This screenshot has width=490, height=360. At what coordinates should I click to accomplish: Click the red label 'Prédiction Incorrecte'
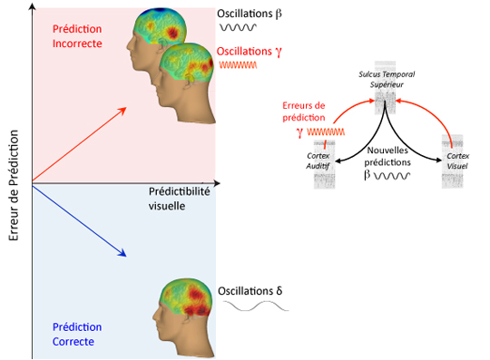point(77,36)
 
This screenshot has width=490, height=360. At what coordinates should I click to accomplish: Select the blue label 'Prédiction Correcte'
point(77,334)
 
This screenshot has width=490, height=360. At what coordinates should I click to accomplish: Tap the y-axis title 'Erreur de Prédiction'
point(14,186)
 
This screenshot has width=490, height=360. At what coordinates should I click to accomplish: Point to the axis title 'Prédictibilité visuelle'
point(179,199)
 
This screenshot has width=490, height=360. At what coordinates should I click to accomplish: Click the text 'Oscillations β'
point(250,14)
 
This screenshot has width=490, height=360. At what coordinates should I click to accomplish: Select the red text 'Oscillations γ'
point(250,52)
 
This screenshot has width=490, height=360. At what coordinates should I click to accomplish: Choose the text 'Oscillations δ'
point(250,291)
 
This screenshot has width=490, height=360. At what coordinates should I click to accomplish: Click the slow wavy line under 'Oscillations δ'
point(256,306)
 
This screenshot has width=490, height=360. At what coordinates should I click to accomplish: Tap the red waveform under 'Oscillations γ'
point(238,65)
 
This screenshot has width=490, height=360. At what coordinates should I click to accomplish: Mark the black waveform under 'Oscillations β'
point(238,27)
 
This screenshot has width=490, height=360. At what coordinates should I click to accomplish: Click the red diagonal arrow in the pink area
point(79,144)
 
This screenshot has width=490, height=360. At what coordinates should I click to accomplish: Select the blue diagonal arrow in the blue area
point(79,220)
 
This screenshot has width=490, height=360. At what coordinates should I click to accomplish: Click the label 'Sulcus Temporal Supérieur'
point(387,79)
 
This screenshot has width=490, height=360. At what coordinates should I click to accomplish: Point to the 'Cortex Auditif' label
point(318,161)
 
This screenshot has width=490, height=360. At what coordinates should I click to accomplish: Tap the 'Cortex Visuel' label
point(457,161)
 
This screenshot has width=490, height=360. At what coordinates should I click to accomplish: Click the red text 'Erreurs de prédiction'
point(304,112)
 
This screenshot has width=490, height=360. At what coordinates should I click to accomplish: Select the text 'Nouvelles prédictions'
point(387,156)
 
